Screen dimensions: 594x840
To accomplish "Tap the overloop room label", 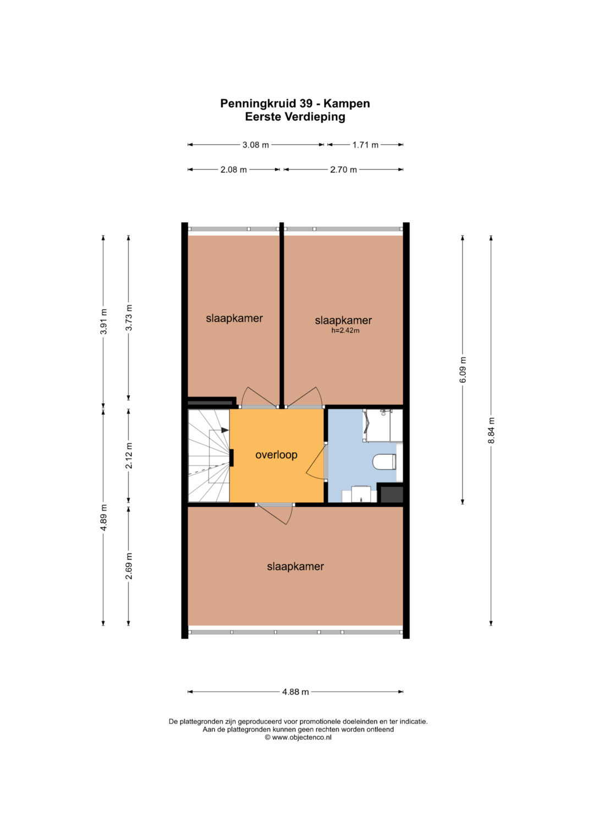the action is (x=276, y=455).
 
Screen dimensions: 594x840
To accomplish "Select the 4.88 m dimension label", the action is (x=295, y=692).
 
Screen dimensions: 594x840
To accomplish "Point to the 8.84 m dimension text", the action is (x=491, y=430).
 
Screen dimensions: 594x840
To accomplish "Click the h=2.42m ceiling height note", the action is (x=345, y=331).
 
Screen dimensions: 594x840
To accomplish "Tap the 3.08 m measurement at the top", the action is (x=256, y=145).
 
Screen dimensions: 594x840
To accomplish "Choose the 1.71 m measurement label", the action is (x=365, y=145).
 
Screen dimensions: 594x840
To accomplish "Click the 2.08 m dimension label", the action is (x=234, y=170).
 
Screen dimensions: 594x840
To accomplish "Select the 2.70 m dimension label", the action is (x=343, y=170).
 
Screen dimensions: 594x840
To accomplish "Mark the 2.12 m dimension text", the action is (x=129, y=455).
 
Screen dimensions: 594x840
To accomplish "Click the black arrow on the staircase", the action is (x=225, y=430).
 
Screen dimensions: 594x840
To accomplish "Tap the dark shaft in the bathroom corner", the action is (x=392, y=495).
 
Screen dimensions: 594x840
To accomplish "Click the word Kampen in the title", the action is (x=346, y=104).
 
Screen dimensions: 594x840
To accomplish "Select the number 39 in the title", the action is (x=306, y=103).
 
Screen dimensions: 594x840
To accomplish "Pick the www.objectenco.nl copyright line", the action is (x=298, y=737).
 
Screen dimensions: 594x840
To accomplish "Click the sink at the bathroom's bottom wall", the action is (x=361, y=494).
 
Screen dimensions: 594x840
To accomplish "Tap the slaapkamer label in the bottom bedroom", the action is (x=295, y=566).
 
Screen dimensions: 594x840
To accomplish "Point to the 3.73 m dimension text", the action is (x=129, y=317).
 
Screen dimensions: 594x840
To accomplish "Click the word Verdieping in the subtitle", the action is (x=315, y=117).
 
